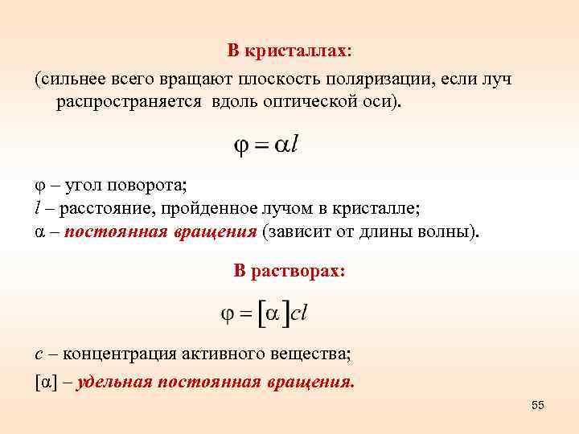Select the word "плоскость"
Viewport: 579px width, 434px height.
pos(282,80)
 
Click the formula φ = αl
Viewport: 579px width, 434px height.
pos(265,145)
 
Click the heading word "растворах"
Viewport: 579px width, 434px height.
pos(298,271)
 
